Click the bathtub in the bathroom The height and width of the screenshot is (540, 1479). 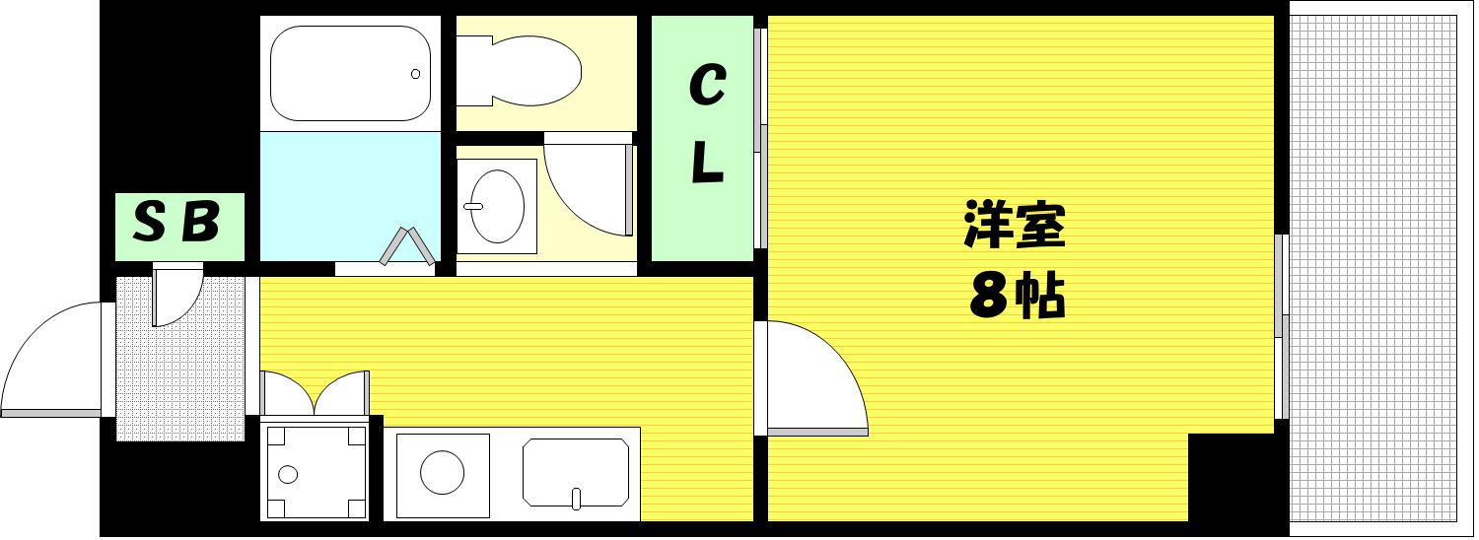(x=351, y=73)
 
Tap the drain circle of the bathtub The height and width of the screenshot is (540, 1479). (x=415, y=74)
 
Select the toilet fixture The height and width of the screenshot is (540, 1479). (x=519, y=71)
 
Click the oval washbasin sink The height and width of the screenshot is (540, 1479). (x=498, y=206)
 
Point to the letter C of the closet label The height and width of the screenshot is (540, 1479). (x=707, y=85)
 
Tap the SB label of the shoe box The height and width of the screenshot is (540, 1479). (x=176, y=222)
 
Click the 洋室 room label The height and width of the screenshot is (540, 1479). (x=1015, y=225)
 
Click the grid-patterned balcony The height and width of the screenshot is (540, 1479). (x=1373, y=269)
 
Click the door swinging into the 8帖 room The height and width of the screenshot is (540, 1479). (x=817, y=377)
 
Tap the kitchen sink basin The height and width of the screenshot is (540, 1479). (x=576, y=473)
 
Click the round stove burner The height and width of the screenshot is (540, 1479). (x=443, y=473)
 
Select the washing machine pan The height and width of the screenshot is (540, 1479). (x=315, y=472)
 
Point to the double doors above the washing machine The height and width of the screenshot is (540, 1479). (x=315, y=393)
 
